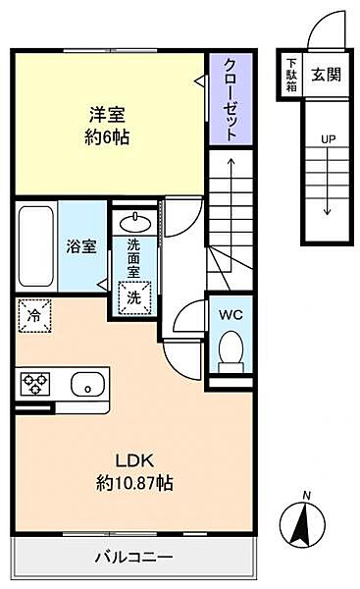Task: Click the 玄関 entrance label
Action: coord(326,73)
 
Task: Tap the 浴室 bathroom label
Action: coord(80,245)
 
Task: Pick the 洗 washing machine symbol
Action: coord(131,293)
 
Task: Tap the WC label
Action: coord(231,315)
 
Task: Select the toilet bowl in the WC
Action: coord(231,349)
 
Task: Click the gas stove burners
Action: coord(36,382)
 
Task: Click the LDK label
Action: coord(135,460)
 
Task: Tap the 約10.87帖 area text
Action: coord(135,484)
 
